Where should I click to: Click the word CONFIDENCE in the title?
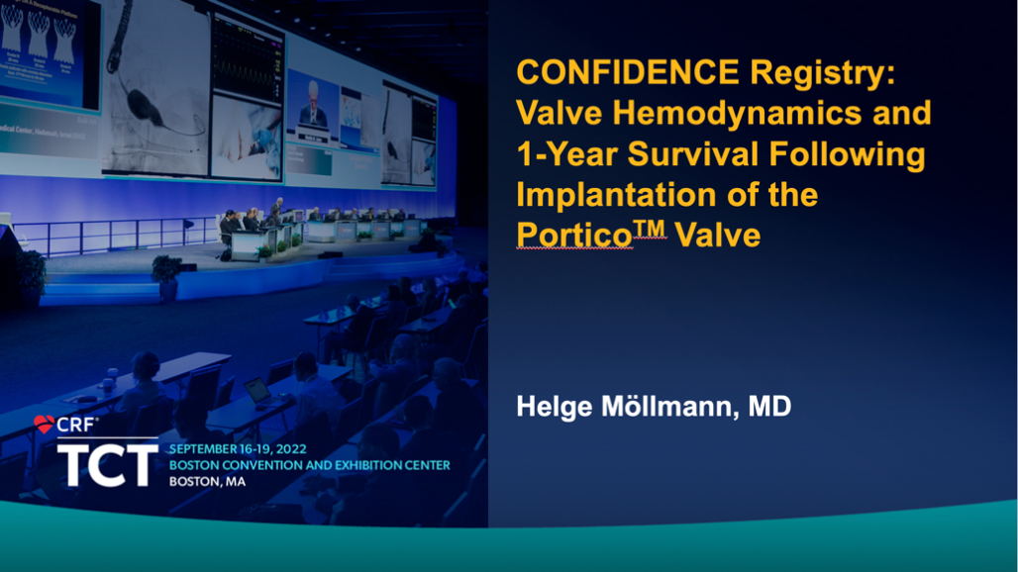(x=628, y=72)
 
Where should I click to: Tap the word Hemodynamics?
(x=738, y=115)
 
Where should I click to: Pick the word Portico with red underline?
(x=574, y=235)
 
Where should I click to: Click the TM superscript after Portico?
(x=650, y=229)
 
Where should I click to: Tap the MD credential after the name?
(x=770, y=407)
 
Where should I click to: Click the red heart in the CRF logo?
(x=45, y=425)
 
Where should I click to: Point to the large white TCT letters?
(x=108, y=463)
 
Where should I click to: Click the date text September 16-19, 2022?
(x=238, y=448)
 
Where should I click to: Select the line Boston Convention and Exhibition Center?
(x=310, y=465)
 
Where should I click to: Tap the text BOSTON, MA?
(x=207, y=481)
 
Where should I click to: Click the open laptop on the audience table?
(x=258, y=391)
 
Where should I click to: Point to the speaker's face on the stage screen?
(x=313, y=93)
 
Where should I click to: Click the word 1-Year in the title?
(x=566, y=154)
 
